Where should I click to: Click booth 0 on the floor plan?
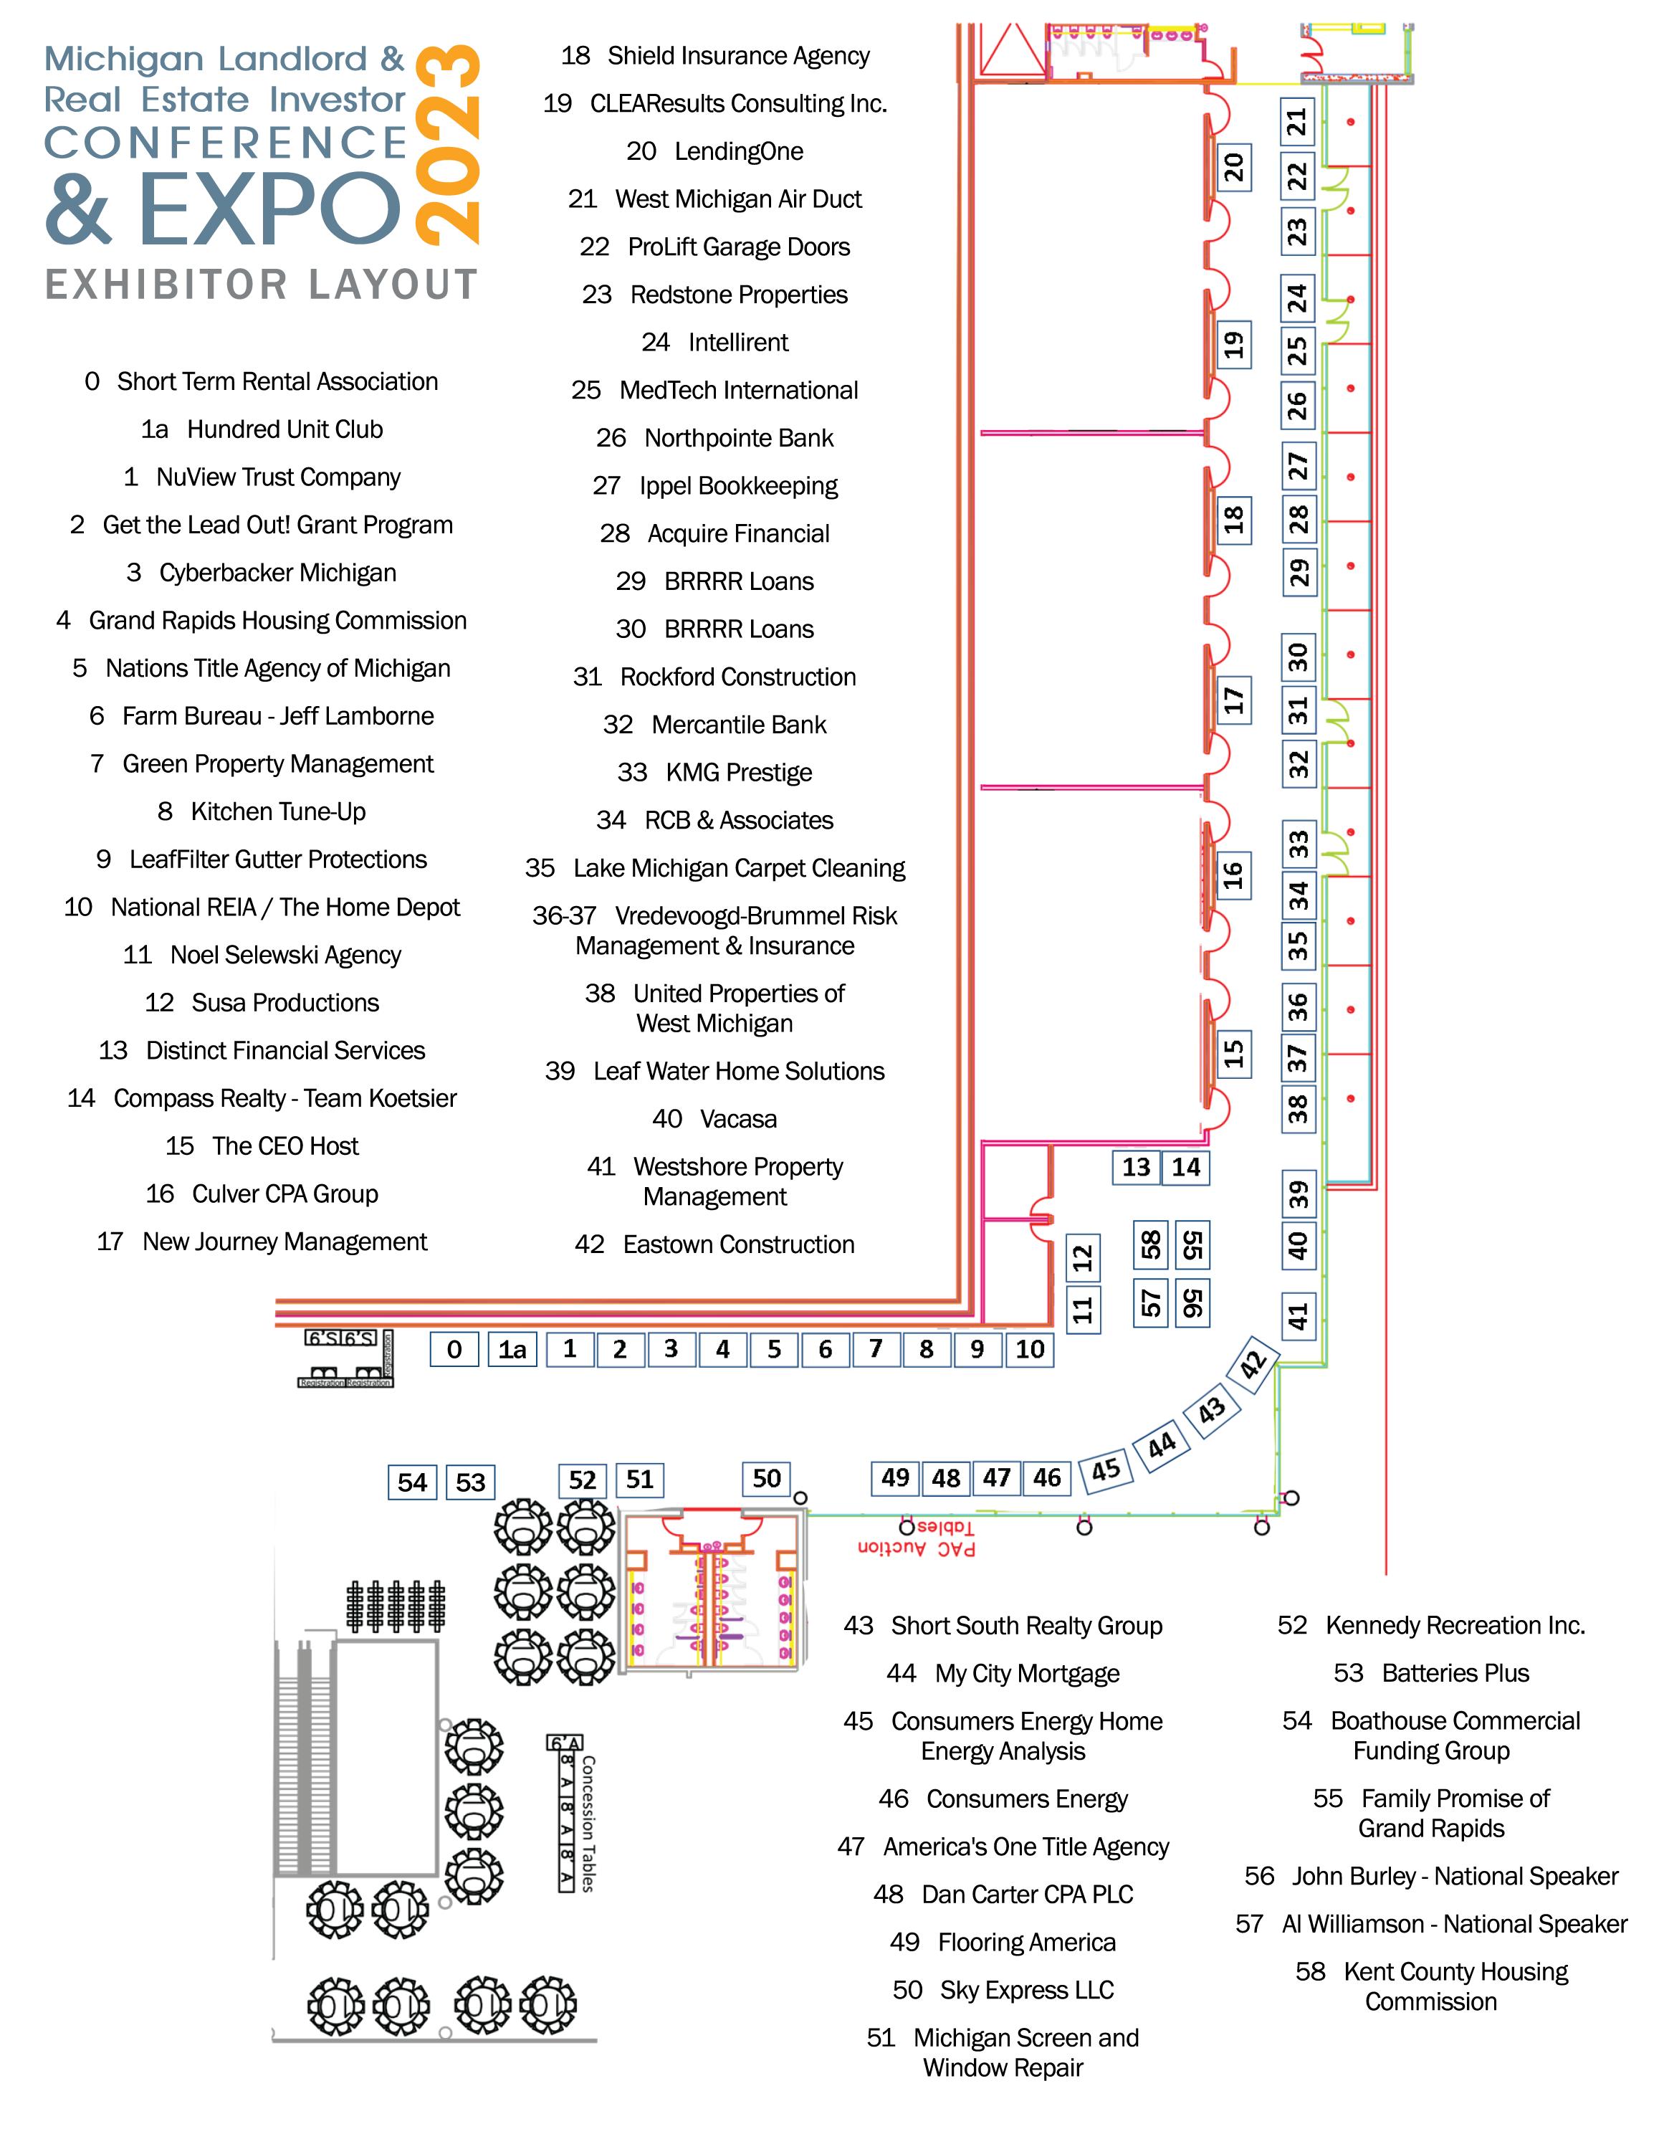pos(454,1349)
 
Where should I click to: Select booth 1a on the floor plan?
pos(513,1349)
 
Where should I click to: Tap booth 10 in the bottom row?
pos(1029,1349)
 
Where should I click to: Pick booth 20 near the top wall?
pos(1234,167)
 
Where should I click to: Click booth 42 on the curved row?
pos(1253,1363)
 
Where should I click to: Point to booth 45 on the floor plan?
pos(1106,1469)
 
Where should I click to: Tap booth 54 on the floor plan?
pos(412,1482)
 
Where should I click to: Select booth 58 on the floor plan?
pos(1151,1245)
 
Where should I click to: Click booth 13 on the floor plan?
pos(1136,1167)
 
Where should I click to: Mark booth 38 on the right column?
pos(1298,1108)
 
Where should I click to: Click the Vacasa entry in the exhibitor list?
pos(714,1119)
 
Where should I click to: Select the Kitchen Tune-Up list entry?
pos(262,812)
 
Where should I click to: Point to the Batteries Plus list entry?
pos(1431,1673)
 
